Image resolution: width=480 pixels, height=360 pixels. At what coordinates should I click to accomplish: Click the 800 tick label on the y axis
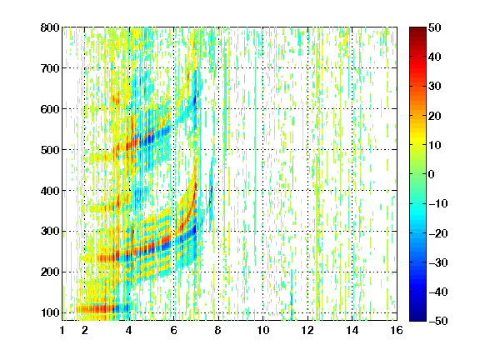coord(50,27)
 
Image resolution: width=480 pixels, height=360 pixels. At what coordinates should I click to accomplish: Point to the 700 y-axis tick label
coord(50,68)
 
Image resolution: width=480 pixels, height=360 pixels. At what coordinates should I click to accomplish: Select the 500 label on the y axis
coord(50,150)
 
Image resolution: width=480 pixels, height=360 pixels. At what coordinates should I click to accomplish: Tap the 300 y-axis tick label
coord(50,231)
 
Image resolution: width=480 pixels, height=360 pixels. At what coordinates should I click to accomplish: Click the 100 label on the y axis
coord(50,312)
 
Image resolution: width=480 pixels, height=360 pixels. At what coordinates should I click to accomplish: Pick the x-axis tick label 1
coord(62,330)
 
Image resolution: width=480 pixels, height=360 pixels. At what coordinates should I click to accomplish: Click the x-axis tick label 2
coord(85,330)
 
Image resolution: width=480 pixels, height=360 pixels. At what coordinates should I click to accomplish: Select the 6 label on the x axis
coord(174,330)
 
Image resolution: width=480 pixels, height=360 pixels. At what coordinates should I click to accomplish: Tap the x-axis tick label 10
coord(263,330)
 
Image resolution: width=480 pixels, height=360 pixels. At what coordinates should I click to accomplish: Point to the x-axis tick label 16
coord(397,330)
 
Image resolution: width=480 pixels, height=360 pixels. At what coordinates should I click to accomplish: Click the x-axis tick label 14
coord(352,330)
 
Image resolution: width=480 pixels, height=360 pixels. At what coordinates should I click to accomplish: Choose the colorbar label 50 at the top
coord(434,27)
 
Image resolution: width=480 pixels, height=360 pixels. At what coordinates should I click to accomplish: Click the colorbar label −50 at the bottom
coord(437,321)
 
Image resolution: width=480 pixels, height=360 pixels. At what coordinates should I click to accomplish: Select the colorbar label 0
coord(432,174)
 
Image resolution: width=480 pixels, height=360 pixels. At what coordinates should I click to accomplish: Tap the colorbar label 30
coord(434,87)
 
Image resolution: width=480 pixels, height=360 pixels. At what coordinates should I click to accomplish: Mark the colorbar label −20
coord(437,233)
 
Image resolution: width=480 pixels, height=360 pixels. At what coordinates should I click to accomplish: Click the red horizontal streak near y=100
coord(95,309)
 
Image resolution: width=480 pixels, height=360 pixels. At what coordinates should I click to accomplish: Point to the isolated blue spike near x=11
coord(292,295)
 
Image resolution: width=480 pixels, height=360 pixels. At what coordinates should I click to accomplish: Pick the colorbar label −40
coord(437,292)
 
